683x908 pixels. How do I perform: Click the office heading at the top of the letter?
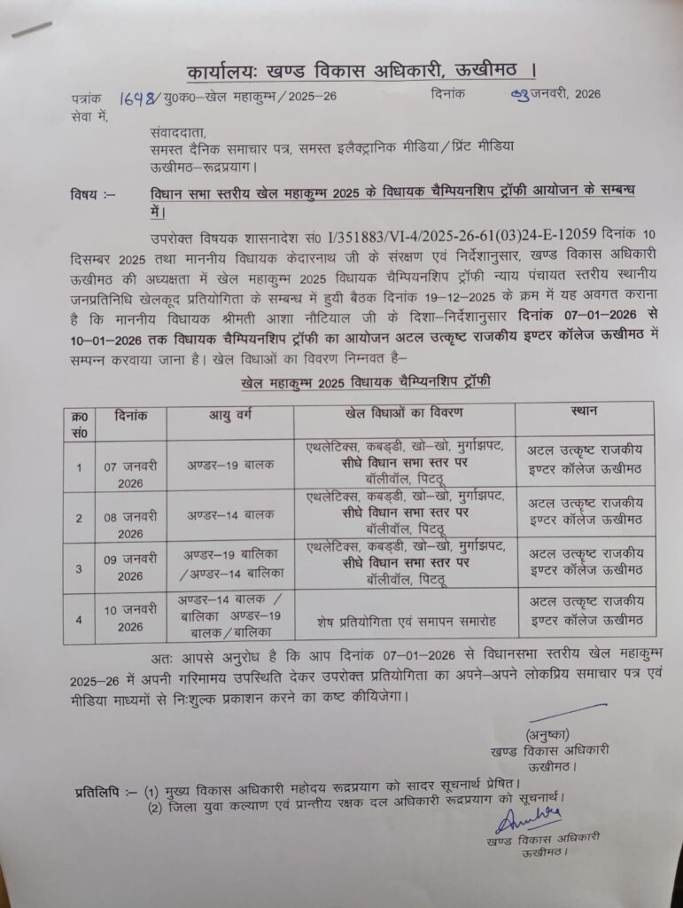tap(361, 70)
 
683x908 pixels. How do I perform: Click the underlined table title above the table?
tap(366, 381)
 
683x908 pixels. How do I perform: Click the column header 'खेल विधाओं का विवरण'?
tap(403, 413)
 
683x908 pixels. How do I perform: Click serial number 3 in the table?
tap(79, 567)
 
